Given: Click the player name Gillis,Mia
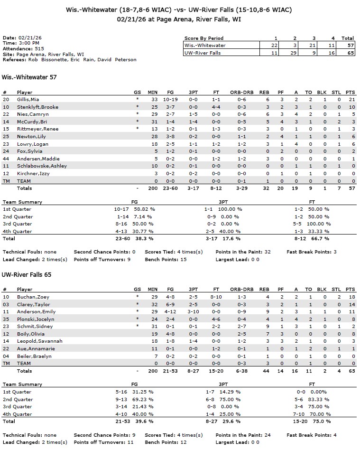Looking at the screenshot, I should [28, 99].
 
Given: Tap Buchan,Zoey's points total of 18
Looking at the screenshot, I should [351, 297].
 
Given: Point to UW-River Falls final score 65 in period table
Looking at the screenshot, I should [350, 53].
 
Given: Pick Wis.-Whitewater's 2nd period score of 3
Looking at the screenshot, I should [295, 45].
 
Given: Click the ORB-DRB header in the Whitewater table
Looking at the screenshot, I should [242, 92].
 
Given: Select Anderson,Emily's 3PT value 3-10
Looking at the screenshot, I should [194, 312].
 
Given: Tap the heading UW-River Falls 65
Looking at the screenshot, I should [27, 274].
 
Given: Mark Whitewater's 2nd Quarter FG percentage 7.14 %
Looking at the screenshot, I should [143, 216].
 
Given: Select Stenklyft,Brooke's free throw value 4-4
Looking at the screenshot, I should [216, 107].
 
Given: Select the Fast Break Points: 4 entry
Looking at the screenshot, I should [311, 435].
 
